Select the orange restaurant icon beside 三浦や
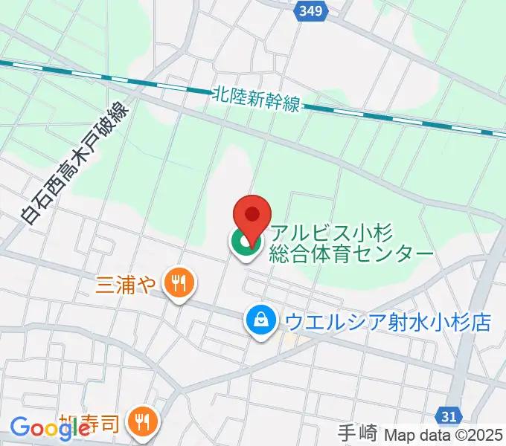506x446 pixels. (179, 283)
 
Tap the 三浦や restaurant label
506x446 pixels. (125, 283)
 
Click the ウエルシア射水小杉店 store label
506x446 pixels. (388, 322)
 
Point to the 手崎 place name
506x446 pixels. (358, 433)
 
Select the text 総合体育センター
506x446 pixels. (352, 253)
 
